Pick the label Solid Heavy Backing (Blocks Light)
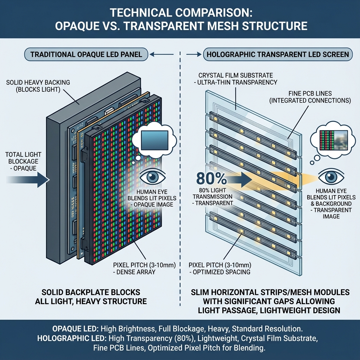click(x=38, y=86)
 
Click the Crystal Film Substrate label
click(x=238, y=79)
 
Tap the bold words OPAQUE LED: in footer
click(x=75, y=329)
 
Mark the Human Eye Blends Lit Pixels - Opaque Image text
click(x=153, y=198)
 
